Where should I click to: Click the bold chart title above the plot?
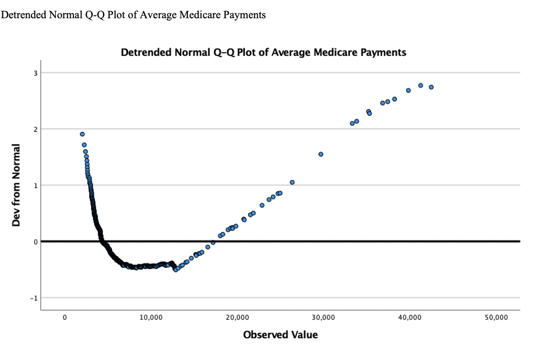(x=263, y=52)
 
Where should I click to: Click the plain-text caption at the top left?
(x=134, y=15)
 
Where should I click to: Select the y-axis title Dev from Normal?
(x=17, y=185)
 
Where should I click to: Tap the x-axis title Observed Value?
(x=280, y=335)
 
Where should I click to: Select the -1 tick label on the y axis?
(x=33, y=298)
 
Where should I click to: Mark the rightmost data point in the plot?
(x=431, y=87)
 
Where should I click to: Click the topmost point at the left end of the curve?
(x=82, y=134)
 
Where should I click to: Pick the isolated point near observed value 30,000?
(x=321, y=154)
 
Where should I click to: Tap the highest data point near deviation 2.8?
(x=421, y=86)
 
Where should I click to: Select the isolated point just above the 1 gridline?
(x=292, y=182)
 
